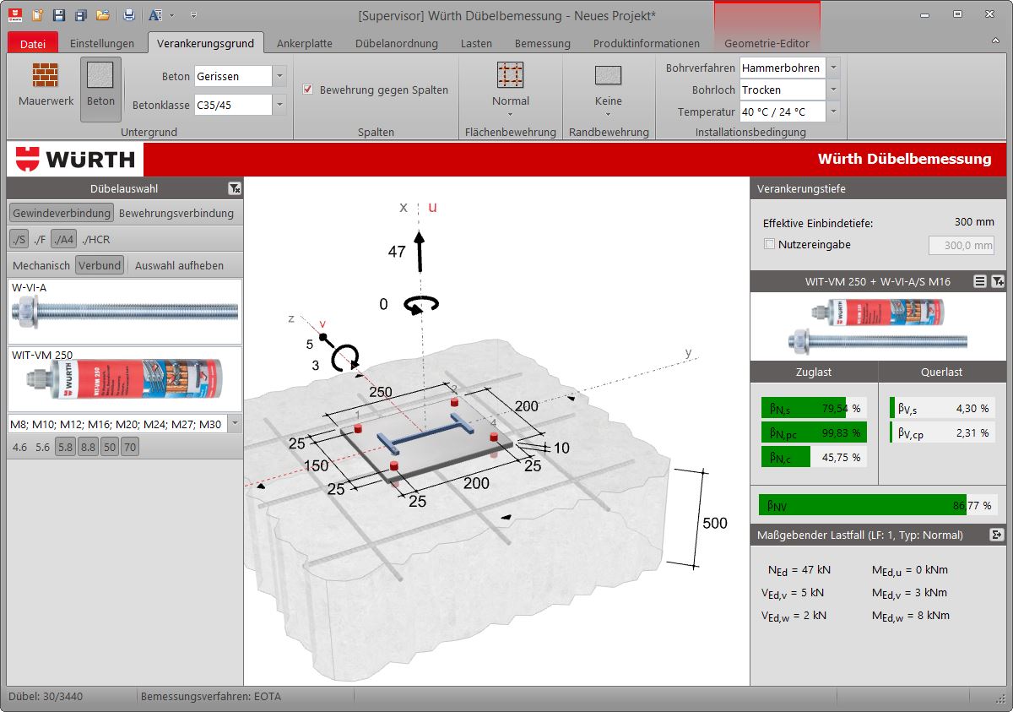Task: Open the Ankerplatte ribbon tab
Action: pos(304,43)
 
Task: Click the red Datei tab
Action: pos(33,43)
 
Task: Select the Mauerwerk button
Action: pos(46,85)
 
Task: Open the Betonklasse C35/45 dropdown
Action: pos(279,105)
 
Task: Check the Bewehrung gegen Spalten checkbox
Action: pos(308,90)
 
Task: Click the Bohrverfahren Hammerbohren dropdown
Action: pos(832,68)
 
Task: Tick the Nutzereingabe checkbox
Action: pos(769,244)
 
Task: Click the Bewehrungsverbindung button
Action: pos(176,213)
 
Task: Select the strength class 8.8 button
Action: pos(88,448)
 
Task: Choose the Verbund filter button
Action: pos(100,265)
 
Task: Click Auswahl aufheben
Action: pos(179,265)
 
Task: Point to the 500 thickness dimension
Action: pos(714,523)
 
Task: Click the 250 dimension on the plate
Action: pos(381,392)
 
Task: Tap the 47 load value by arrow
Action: pos(397,252)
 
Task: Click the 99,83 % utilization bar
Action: pos(813,432)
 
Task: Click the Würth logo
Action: pos(76,159)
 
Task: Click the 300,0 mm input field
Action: pos(961,245)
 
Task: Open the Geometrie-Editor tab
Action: pos(767,43)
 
